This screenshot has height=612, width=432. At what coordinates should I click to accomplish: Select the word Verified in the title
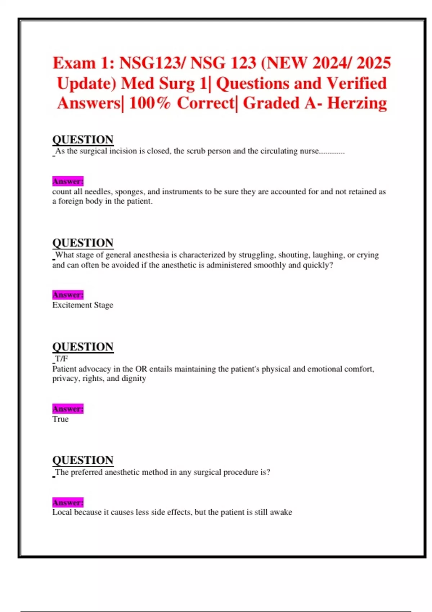(x=356, y=84)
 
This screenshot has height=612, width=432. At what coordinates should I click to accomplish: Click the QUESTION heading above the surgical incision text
(x=83, y=139)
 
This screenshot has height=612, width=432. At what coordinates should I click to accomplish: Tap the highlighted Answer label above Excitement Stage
(x=68, y=295)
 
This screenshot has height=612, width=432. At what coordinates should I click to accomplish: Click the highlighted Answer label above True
(x=68, y=409)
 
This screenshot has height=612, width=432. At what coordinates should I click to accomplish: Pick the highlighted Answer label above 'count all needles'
(x=68, y=181)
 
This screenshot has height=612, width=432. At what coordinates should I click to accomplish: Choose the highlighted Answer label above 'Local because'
(x=68, y=502)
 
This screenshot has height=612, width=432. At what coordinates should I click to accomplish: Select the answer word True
(x=60, y=419)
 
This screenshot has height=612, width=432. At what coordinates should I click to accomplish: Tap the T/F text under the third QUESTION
(x=61, y=359)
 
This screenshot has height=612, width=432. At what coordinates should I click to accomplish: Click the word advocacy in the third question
(x=95, y=369)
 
